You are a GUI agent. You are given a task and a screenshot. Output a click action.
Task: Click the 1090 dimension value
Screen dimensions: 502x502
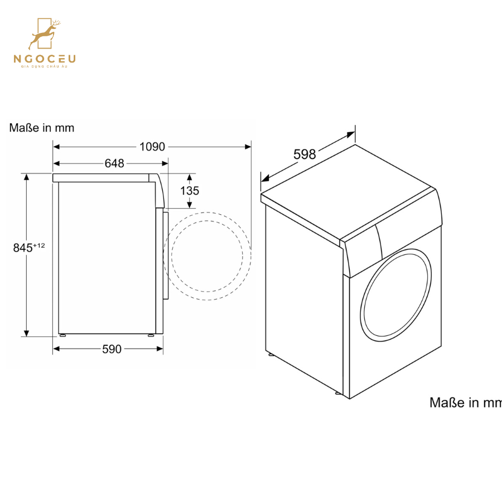152,147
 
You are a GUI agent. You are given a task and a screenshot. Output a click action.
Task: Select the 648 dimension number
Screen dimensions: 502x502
114,163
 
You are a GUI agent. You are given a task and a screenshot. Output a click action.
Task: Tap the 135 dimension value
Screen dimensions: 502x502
190,191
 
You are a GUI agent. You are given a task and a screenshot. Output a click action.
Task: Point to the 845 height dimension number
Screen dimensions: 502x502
23,248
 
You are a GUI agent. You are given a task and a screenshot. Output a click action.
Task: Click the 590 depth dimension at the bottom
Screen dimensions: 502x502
112,349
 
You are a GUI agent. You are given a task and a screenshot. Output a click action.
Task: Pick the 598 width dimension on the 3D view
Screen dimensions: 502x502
305,155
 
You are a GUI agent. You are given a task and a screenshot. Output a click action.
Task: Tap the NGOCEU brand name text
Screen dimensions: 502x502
45,59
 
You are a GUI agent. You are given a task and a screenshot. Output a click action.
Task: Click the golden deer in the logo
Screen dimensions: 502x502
45,35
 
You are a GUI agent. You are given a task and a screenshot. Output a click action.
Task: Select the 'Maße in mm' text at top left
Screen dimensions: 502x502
42,128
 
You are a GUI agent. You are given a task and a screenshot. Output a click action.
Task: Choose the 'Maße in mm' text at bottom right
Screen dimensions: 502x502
465,402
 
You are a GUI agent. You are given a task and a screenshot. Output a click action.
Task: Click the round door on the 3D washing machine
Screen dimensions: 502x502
396,294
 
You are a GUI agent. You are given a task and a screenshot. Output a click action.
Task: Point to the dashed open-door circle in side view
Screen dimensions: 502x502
207,256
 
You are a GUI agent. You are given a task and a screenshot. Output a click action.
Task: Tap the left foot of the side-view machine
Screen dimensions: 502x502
62,336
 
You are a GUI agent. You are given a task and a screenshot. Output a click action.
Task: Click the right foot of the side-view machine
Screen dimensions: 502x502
151,336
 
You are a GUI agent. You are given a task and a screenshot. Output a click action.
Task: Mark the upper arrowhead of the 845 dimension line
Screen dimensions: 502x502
26,177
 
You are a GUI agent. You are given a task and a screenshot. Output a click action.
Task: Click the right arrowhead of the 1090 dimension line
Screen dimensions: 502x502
248,147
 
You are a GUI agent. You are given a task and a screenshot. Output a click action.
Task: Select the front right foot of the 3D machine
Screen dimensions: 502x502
338,393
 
